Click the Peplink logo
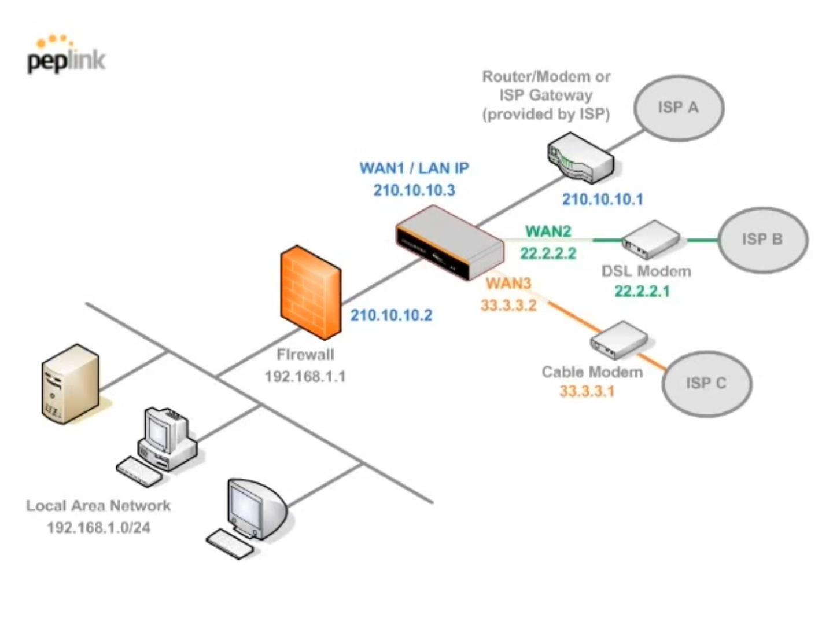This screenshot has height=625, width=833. pyautogui.click(x=66, y=56)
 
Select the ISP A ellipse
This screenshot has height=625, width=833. pyautogui.click(x=678, y=108)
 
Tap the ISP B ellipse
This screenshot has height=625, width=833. pyautogui.click(x=762, y=240)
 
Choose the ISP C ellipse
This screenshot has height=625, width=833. pyautogui.click(x=706, y=383)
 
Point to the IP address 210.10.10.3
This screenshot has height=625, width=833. pyautogui.click(x=414, y=190)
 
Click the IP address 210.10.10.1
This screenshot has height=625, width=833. pyautogui.click(x=602, y=199)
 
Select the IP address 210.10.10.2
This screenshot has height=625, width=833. pyautogui.click(x=391, y=315)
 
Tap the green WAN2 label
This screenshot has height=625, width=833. pyautogui.click(x=548, y=231)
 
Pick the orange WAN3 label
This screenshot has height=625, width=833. pyautogui.click(x=508, y=283)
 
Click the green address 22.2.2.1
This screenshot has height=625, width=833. pyautogui.click(x=642, y=291)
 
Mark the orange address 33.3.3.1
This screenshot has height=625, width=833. pyautogui.click(x=587, y=391)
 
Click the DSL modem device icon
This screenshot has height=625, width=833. pyautogui.click(x=651, y=238)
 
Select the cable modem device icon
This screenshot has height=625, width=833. pyautogui.click(x=618, y=340)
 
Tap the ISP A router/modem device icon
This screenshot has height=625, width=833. pyautogui.click(x=580, y=156)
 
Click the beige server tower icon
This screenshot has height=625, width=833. pyautogui.click(x=70, y=383)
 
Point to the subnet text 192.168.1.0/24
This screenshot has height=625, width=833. pyautogui.click(x=98, y=528)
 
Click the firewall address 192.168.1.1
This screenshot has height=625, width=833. pyautogui.click(x=305, y=377)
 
